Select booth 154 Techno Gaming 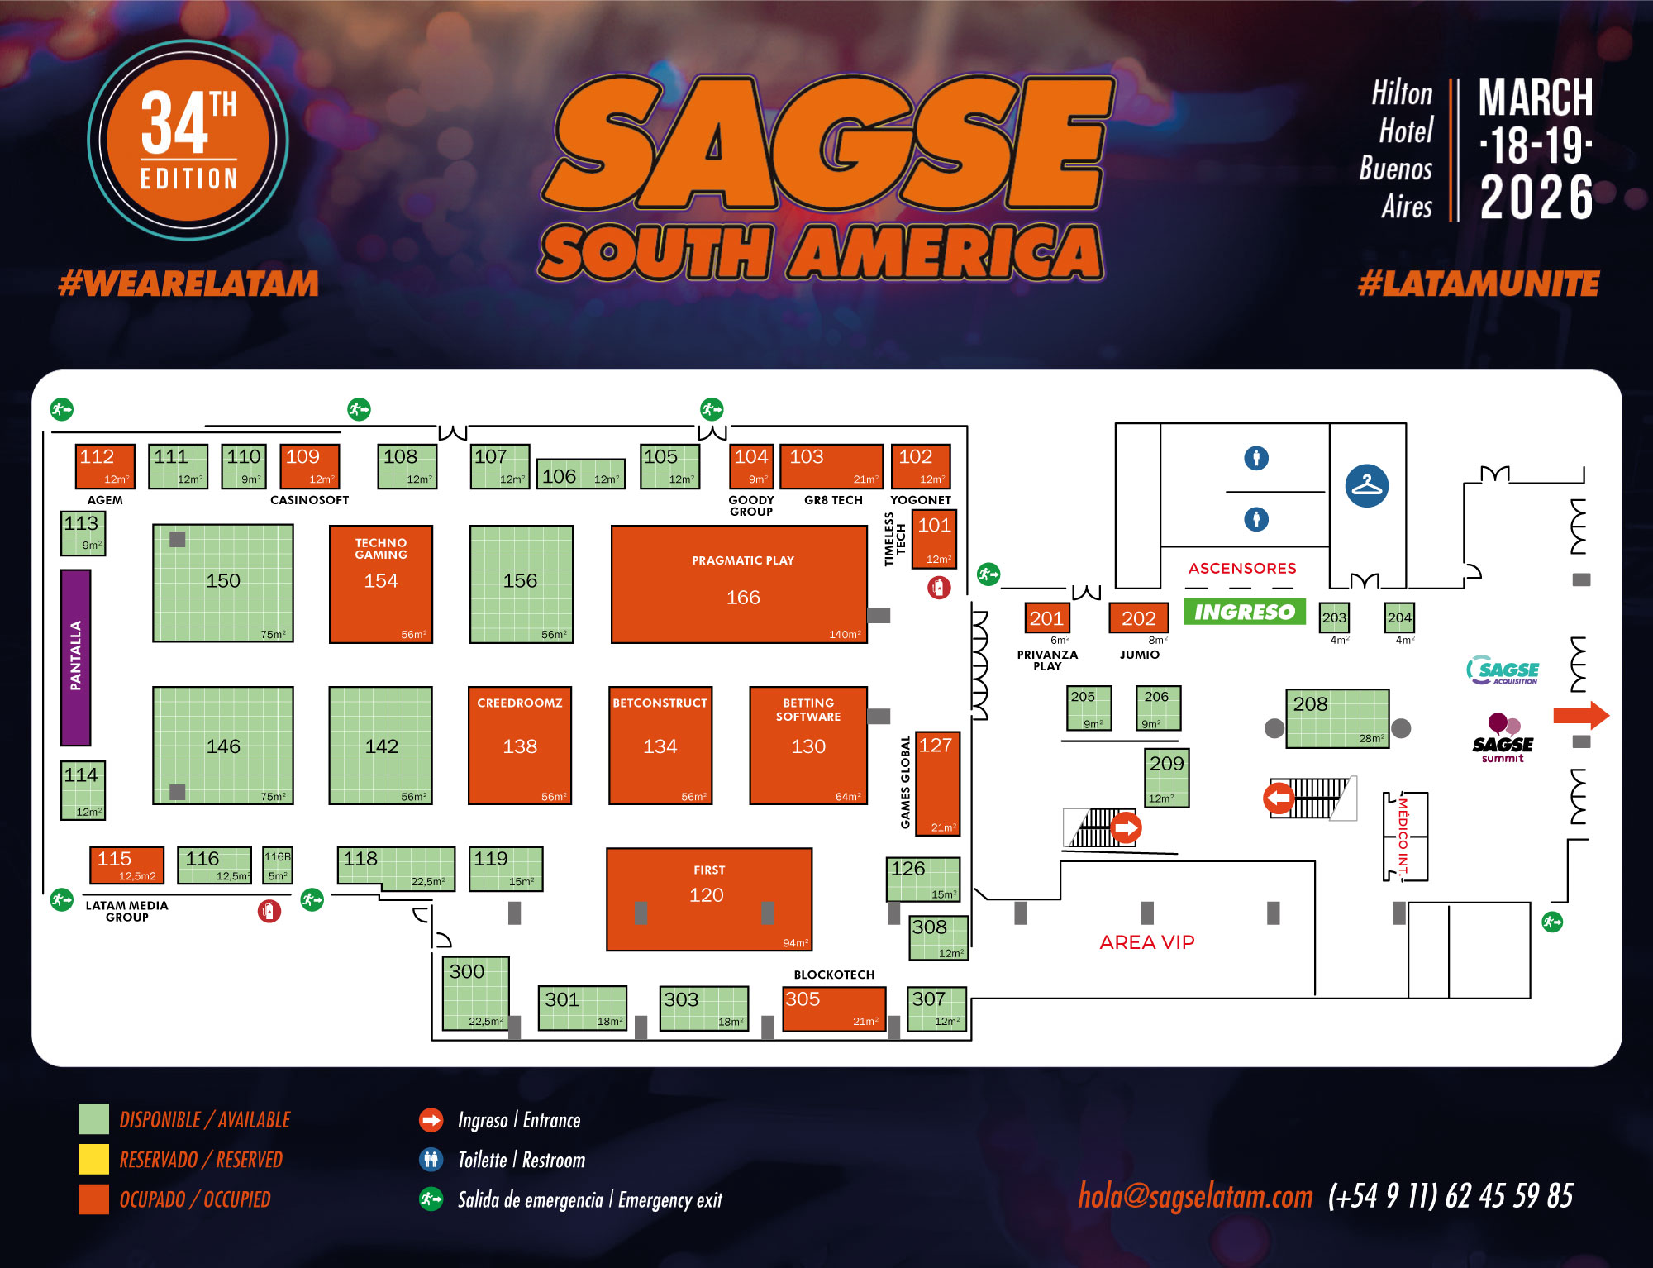pos(380,584)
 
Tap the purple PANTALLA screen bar pos(76,657)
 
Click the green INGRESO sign pos(1244,612)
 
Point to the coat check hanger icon pos(1366,486)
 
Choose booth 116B pos(278,865)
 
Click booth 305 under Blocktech pos(833,1008)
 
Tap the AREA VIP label pos(1146,942)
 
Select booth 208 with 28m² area pos(1336,718)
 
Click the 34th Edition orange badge pos(188,141)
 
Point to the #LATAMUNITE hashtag pos(1478,284)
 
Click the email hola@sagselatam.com pos(1194,1196)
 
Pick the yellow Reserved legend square pos(93,1159)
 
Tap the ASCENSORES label pos(1241,569)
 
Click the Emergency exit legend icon pos(431,1199)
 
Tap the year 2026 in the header pos(1536,198)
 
